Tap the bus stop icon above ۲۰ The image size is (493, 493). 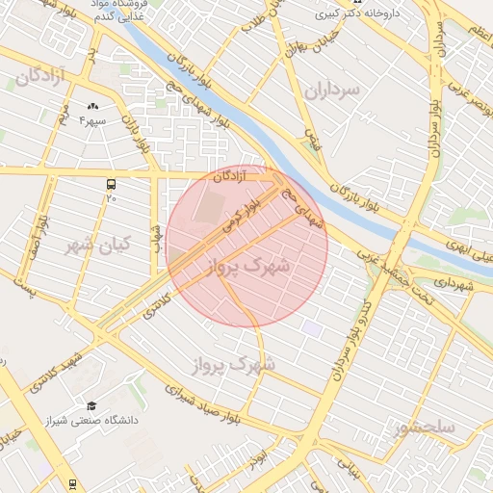point(111,183)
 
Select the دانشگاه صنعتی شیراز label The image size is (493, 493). point(93,421)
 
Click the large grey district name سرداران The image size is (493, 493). point(331,90)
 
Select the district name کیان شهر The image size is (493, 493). point(96,246)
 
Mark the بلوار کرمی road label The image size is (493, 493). point(242,217)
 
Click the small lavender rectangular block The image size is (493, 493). point(310,328)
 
